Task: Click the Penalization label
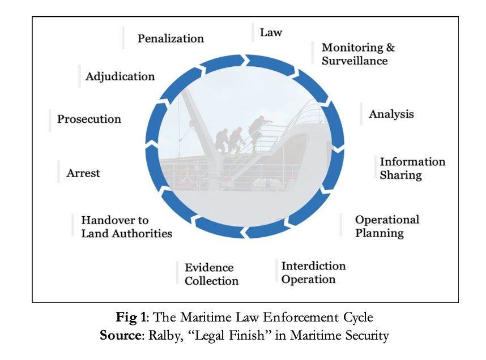point(170,38)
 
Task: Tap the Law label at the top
point(271,32)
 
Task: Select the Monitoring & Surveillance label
point(357,54)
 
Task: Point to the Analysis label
point(391,114)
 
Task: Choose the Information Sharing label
point(412,168)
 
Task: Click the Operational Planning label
point(387,226)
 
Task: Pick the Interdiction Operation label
point(313,272)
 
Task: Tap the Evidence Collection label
point(211,274)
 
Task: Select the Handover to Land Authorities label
point(126,226)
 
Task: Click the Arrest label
point(83,173)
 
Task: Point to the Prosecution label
point(89,119)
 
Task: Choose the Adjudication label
point(120,76)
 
